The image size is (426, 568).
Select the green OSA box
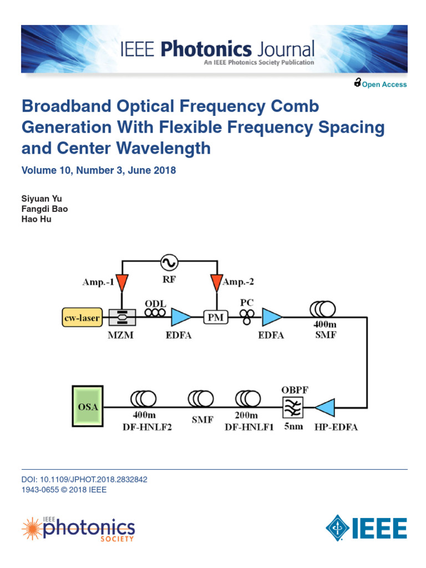point(88,407)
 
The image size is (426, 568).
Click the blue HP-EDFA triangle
point(324,408)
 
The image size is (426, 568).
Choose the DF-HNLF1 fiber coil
point(247,398)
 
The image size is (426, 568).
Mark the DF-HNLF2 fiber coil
point(144,398)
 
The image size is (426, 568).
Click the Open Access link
point(384,85)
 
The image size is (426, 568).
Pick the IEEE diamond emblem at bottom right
point(337,526)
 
